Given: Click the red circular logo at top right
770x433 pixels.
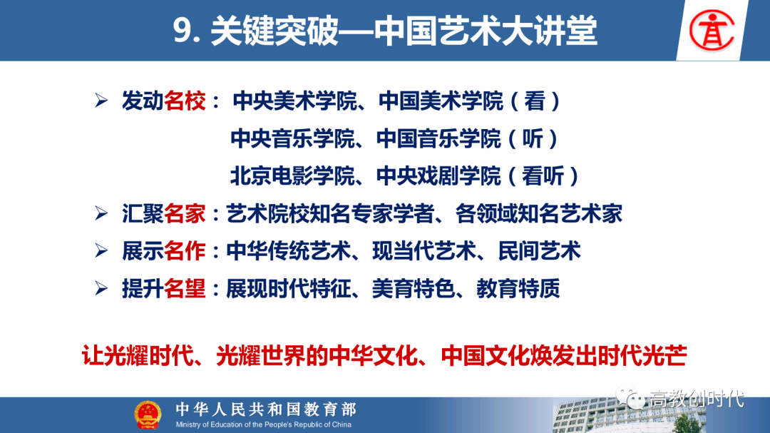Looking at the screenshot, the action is pyautogui.click(x=712, y=31).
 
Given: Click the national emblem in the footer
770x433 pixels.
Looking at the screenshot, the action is pyautogui.click(x=148, y=415).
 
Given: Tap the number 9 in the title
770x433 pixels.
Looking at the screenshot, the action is pyautogui.click(x=182, y=31).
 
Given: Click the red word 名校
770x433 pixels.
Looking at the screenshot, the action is pyautogui.click(x=185, y=101).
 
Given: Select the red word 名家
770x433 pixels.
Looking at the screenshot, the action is pyautogui.click(x=185, y=214).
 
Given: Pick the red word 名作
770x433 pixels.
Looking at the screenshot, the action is pyautogui.click(x=185, y=251).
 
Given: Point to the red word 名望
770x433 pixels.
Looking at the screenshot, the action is pyautogui.click(x=185, y=288).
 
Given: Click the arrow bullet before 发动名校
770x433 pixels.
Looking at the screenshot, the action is pyautogui.click(x=101, y=101).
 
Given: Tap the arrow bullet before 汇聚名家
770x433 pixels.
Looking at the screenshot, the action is pyautogui.click(x=101, y=213).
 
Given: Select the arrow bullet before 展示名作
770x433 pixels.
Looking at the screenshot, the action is pyautogui.click(x=101, y=250).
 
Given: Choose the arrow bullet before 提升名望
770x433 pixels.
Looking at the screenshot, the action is pyautogui.click(x=101, y=288).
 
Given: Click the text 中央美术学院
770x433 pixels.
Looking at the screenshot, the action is pyautogui.click(x=294, y=101).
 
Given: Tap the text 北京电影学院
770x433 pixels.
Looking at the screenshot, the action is pyautogui.click(x=293, y=176).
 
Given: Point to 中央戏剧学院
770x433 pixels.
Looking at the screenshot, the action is pyautogui.click(x=438, y=176).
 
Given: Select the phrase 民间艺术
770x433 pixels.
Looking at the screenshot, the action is pyautogui.click(x=539, y=251).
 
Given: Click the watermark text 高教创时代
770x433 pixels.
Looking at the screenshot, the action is pyautogui.click(x=697, y=399).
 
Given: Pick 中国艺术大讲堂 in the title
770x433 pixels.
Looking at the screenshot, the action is pyautogui.click(x=486, y=31).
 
